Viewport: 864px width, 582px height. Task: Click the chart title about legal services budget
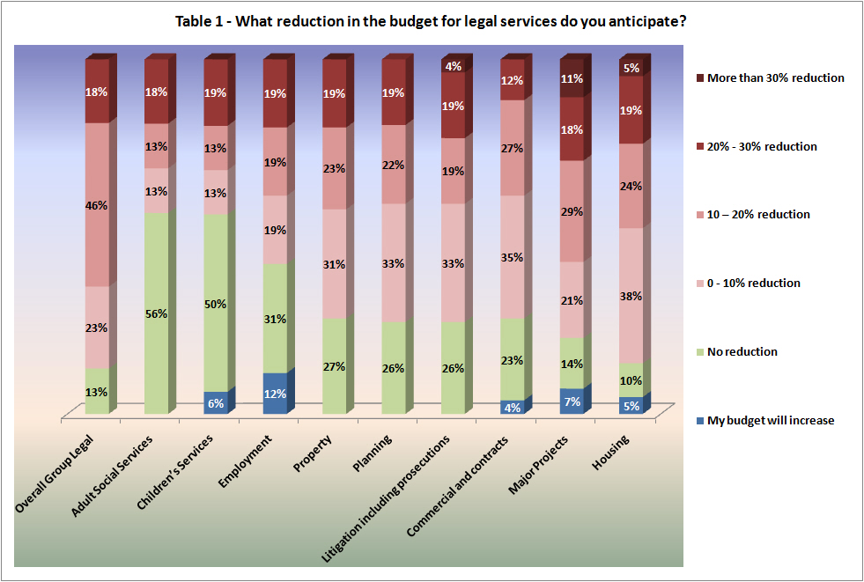[432, 20]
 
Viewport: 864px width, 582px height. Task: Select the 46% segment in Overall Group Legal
[97, 204]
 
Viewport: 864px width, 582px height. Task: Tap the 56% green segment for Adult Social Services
[157, 313]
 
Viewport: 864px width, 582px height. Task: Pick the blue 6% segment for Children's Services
[216, 402]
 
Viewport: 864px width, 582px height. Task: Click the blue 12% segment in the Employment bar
[275, 393]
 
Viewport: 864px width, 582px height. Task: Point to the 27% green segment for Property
[334, 365]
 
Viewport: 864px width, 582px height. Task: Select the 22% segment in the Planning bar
[394, 165]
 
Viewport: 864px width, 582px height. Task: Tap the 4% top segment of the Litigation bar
[453, 66]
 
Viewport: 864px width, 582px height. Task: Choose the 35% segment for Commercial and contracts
[512, 257]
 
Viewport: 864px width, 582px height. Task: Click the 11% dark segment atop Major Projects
[572, 77]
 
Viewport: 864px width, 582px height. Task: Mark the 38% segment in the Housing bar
[631, 296]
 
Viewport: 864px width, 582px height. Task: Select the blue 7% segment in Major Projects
[572, 401]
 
